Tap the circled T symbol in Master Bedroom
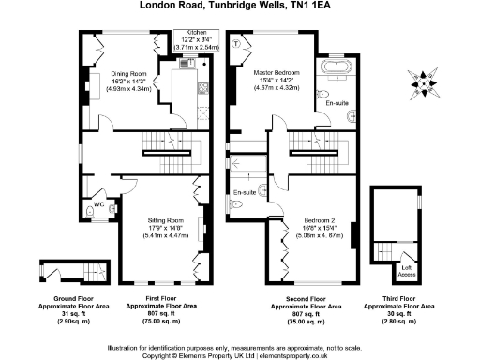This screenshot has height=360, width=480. [237, 44]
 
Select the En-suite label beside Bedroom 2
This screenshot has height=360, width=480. [245, 193]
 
